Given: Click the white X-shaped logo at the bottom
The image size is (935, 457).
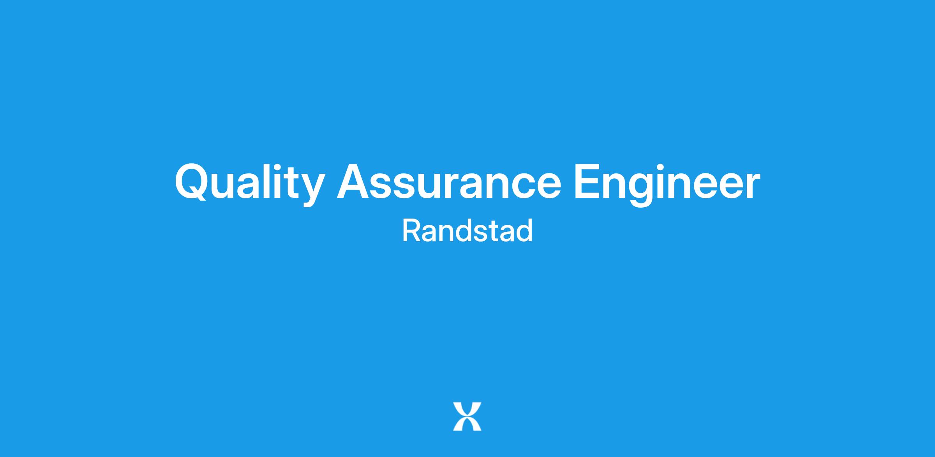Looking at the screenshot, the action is (467, 416).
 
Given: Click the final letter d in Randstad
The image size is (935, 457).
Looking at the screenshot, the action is (524, 231).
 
